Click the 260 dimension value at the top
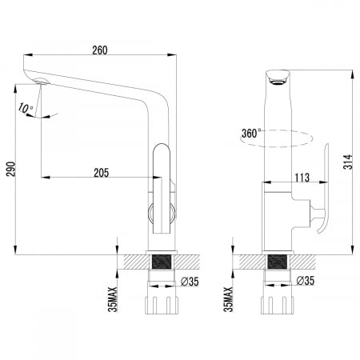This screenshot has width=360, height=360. point(100,50)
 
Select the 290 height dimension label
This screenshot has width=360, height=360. point(11,169)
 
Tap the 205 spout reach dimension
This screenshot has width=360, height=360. point(102,173)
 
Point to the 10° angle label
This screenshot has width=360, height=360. point(26,108)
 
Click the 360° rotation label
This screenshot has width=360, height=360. point(251,133)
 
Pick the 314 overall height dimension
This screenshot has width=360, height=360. point(348,162)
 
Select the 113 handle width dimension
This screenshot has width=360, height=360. point(302,178)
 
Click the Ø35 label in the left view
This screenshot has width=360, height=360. point(190,282)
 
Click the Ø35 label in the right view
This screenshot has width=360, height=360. point(306,281)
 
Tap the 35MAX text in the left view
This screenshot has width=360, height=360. point(113,299)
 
